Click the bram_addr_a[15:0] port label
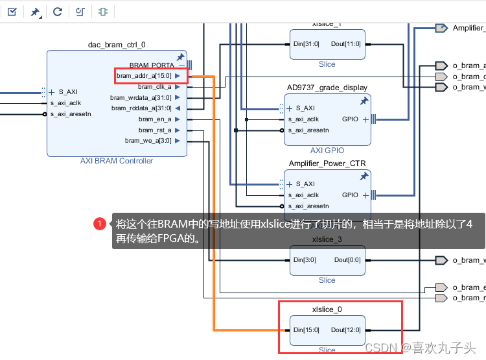[145, 76]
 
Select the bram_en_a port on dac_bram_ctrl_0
[155, 119]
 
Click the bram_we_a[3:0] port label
[148, 141]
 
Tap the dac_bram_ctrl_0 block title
[117, 45]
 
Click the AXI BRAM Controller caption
[117, 161]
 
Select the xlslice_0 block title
[327, 309]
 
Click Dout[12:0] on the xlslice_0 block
[346, 330]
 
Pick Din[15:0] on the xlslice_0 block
[307, 330]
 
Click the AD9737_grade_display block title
[327, 88]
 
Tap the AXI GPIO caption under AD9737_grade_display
[327, 150]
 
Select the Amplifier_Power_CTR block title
[327, 163]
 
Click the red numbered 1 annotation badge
[100, 224]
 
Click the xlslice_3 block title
[327, 239]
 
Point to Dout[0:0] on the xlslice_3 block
[347, 260]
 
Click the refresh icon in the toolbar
[58, 11]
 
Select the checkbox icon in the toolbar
[12, 11]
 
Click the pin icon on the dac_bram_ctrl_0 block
[180, 58]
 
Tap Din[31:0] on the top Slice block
[307, 44]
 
